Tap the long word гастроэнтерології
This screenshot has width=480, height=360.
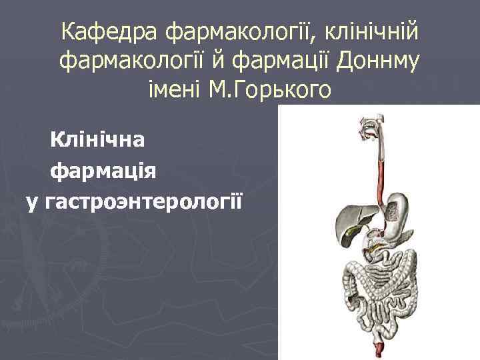pyautogui.click(x=145, y=201)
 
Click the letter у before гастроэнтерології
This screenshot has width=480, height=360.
pyautogui.click(x=31, y=201)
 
